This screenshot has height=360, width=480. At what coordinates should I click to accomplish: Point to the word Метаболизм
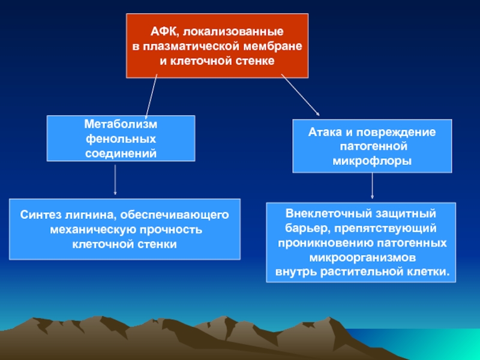[x=121, y=124]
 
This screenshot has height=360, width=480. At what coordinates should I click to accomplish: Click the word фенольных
[x=121, y=139]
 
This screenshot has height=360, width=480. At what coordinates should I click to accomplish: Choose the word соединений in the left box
[x=121, y=153]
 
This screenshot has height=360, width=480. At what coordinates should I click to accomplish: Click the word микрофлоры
[x=372, y=161]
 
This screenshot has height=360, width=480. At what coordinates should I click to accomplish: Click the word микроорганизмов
[x=361, y=258]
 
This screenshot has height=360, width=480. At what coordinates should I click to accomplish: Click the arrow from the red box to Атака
[x=301, y=95]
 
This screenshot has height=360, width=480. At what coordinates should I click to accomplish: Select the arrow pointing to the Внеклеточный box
[x=373, y=186]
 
